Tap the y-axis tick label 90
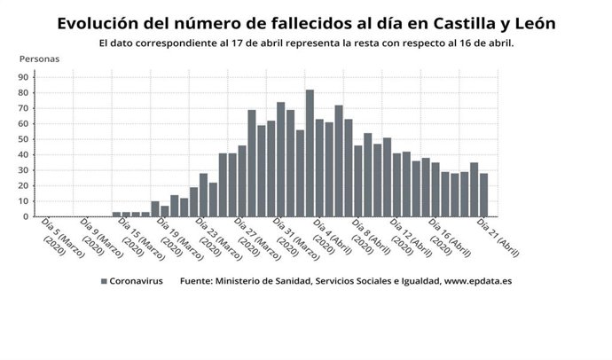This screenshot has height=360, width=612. coord(24,77)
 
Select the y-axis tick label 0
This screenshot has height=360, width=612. coord(27,216)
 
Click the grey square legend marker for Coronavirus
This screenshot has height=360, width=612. coord(104,281)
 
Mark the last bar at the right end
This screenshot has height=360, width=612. coord(483,195)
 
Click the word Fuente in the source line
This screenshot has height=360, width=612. coord(198,281)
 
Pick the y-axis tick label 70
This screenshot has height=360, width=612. coord(24,108)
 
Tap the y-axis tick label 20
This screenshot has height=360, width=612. coord(24,185)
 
